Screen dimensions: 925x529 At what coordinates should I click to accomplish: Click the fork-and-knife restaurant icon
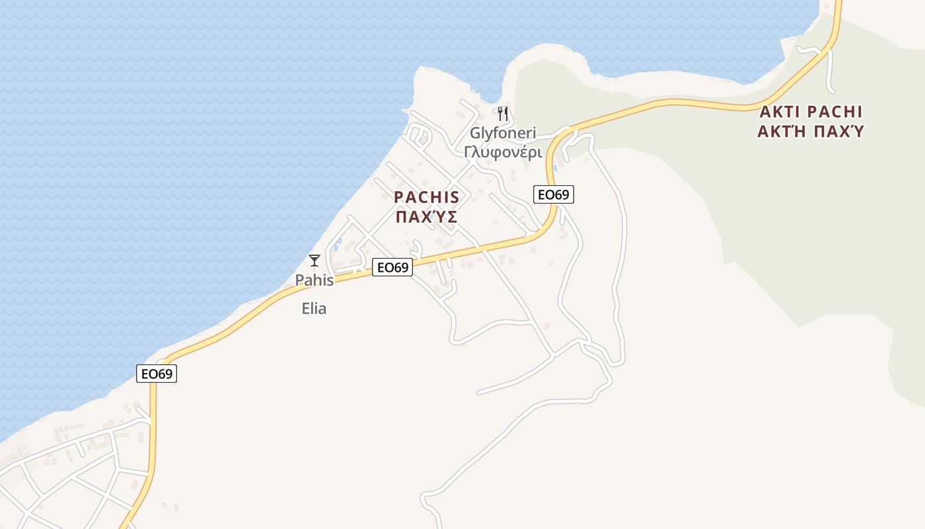503,113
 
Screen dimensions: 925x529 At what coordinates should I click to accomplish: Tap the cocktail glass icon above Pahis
314,260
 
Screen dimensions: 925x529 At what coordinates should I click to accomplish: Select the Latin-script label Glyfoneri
503,132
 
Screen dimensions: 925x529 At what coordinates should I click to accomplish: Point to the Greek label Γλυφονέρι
503,152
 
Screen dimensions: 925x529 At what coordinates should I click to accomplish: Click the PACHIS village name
426,197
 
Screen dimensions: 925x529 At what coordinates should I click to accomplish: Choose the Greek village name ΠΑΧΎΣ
426,217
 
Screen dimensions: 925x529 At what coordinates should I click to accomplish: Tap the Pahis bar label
314,280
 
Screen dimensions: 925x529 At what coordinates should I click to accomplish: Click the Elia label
314,308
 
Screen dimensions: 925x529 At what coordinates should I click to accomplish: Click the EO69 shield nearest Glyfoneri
553,194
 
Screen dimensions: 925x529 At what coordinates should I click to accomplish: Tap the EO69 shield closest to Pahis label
392,267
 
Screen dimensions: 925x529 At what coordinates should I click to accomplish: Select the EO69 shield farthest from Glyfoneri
157,373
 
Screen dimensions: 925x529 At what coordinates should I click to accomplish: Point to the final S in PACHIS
454,197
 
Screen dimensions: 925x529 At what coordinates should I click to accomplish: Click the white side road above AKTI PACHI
829,69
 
